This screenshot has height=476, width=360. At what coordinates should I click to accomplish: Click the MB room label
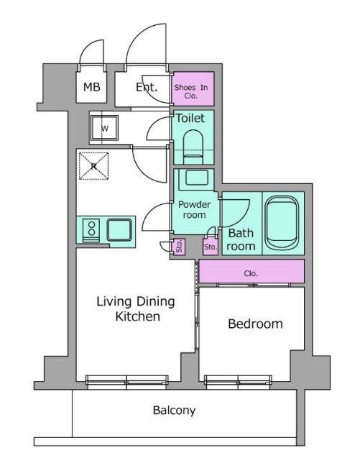(91, 88)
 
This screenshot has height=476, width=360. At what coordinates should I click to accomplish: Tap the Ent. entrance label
(147, 88)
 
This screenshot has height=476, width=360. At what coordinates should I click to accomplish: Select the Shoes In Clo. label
(191, 91)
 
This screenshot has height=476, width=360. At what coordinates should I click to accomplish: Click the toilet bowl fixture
(193, 147)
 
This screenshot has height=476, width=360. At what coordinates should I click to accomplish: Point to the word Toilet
(190, 118)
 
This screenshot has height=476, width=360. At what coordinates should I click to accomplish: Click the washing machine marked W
(104, 129)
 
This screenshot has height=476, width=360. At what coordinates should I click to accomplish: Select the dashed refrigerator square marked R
(93, 166)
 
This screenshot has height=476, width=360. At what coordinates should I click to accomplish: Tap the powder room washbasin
(197, 178)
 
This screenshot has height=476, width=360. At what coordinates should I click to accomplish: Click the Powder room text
(195, 209)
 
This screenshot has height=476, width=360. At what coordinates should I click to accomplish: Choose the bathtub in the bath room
(282, 222)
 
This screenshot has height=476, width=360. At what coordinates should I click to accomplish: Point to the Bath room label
(241, 239)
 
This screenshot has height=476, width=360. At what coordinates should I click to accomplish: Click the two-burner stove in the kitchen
(91, 231)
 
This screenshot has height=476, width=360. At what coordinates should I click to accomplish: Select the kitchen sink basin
(119, 230)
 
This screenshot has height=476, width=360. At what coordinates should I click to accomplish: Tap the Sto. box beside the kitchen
(178, 246)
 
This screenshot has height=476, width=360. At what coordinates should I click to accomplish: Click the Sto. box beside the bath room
(211, 247)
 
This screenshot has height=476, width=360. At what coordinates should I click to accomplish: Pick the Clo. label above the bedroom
(251, 273)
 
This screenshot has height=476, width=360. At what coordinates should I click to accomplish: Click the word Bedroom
(255, 324)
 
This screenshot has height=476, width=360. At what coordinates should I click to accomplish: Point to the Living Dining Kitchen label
(136, 308)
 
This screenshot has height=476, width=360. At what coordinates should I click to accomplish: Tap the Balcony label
(175, 411)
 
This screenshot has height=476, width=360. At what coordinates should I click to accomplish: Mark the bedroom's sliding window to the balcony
(238, 382)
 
